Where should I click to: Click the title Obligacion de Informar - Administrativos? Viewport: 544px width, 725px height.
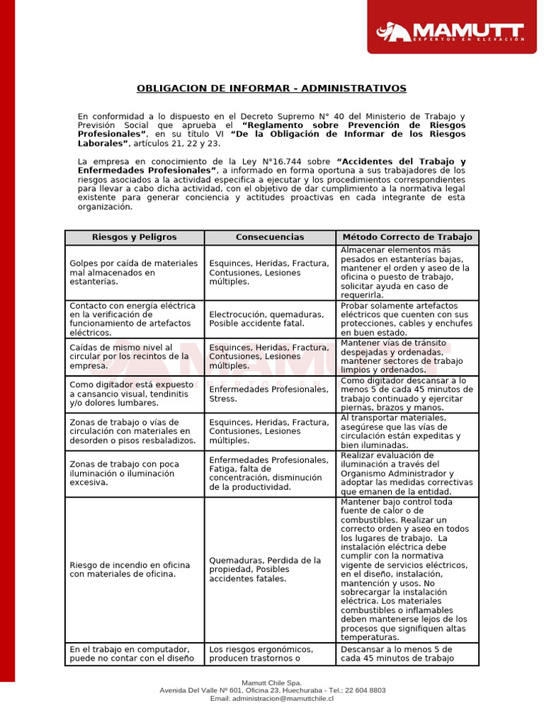[x=271, y=89]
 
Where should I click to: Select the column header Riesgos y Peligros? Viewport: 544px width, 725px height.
[x=134, y=237]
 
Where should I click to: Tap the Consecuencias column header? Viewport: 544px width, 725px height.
[x=269, y=237]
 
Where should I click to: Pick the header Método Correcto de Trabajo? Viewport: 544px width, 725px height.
[x=407, y=237]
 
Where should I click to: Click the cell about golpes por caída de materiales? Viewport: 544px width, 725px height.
[x=134, y=273]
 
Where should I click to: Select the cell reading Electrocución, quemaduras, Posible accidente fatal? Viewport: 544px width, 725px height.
[x=269, y=319]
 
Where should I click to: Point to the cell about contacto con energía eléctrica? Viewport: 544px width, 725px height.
[x=134, y=319]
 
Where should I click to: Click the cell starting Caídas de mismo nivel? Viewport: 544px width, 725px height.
[x=134, y=357]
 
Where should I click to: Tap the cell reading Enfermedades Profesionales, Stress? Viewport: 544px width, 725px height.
[x=269, y=394]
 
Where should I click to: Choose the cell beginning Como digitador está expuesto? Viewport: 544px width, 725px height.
[x=134, y=394]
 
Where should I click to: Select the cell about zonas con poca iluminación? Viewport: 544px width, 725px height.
[x=134, y=474]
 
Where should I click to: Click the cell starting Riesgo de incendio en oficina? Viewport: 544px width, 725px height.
[x=134, y=570]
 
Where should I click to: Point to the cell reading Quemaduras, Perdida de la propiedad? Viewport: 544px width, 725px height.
[x=269, y=569]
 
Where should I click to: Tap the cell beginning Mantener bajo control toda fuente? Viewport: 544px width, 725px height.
[x=407, y=570]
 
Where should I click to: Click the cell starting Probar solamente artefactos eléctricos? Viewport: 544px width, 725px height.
[x=407, y=319]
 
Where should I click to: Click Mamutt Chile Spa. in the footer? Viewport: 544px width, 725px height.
[x=272, y=683]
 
